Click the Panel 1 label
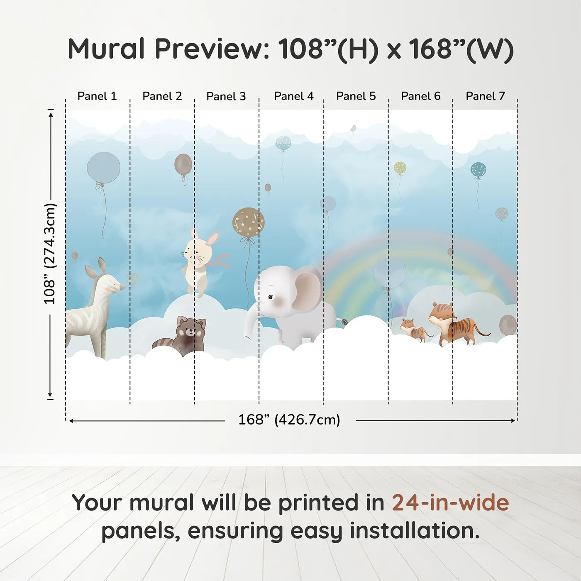97,96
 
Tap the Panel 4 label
294,96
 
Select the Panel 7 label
485,96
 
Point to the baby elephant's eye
271,297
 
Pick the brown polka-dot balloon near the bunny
248,222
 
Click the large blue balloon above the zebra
103,168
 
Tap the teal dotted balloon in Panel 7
478,170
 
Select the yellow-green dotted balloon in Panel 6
400,168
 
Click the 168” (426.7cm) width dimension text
289,420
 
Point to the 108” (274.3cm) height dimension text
50,254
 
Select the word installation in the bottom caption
415,531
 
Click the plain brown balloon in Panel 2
183,164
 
